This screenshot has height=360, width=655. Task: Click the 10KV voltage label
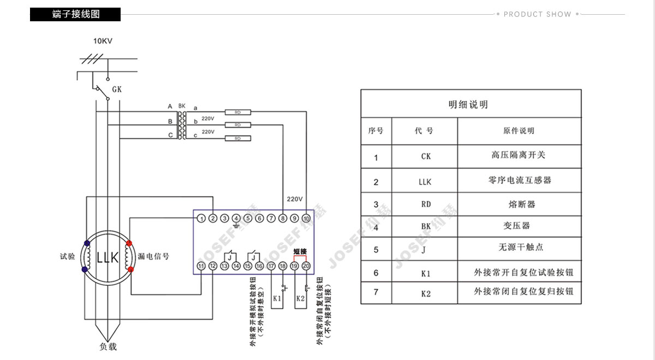click(103, 41)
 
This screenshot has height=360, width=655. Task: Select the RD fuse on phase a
click(238, 112)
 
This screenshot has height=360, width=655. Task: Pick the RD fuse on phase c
click(238, 139)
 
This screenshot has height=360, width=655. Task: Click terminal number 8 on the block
click(283, 219)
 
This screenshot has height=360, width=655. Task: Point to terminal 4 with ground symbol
click(236, 219)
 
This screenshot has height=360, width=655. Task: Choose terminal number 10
click(306, 219)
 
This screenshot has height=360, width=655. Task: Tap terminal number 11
click(201, 266)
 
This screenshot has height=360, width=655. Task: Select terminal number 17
click(271, 266)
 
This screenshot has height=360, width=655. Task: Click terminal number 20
click(306, 266)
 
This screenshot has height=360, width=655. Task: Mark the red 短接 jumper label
click(301, 251)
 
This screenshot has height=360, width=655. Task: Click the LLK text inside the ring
click(108, 257)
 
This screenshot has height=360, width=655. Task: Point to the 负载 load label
click(108, 346)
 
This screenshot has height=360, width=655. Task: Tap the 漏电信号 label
click(153, 256)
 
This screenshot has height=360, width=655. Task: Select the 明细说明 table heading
click(468, 104)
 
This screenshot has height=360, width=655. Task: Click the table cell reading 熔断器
click(519, 204)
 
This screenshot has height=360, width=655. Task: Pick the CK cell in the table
click(426, 157)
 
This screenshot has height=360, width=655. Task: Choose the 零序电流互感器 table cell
click(519, 180)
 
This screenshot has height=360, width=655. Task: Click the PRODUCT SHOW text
click(537, 14)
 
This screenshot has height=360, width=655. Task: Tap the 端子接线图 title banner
click(75, 14)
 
